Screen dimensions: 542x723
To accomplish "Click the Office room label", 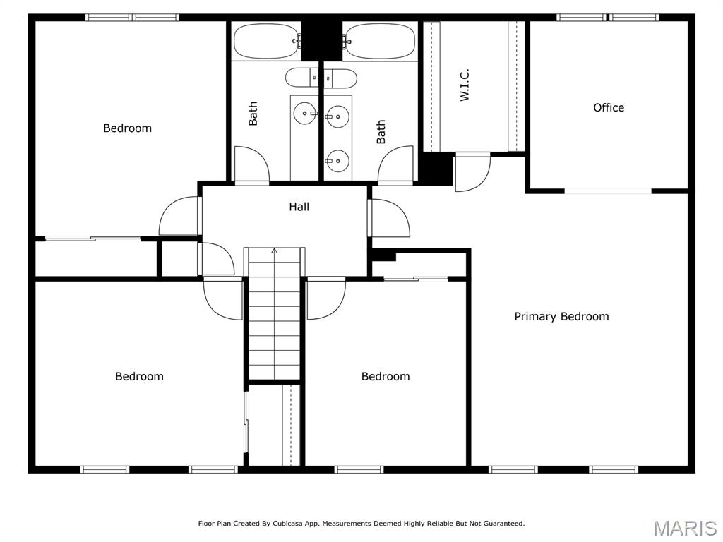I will [x=609, y=107].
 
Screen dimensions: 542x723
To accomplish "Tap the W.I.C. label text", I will [x=465, y=85].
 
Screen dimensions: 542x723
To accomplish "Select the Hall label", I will [x=299, y=207].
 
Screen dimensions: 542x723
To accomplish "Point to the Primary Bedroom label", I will [x=561, y=316].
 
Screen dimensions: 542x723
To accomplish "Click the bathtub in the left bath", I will [x=266, y=41].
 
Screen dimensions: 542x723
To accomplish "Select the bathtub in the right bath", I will [x=379, y=41].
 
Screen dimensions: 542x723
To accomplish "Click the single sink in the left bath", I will [x=306, y=111].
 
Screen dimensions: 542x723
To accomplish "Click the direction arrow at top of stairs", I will [x=275, y=251].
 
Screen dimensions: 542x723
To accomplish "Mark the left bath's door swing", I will [x=251, y=164].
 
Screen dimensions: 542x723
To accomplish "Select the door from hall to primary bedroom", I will [x=389, y=219].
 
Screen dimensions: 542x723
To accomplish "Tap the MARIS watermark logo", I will [x=684, y=528].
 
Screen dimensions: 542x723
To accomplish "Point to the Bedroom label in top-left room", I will [x=127, y=128].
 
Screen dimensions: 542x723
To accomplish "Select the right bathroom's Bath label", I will [x=381, y=132].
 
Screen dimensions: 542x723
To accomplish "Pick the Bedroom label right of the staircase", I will [x=386, y=376].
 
